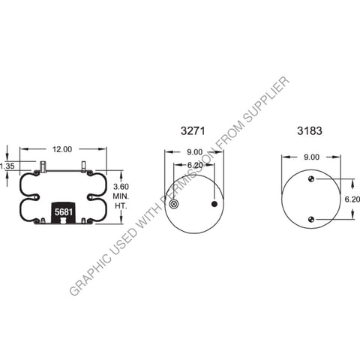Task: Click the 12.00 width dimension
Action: [x=63, y=149]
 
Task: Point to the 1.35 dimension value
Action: [x=7, y=166]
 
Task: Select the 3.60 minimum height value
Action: [x=121, y=186]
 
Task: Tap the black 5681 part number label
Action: [x=63, y=213]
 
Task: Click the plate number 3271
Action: [x=193, y=130]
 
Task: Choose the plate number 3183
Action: [x=310, y=130]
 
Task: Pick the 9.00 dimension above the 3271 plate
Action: [x=193, y=154]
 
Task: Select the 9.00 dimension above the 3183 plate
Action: [x=310, y=157]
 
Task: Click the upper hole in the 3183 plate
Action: [x=310, y=179]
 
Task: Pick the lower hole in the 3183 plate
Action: [x=310, y=218]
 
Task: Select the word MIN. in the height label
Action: [x=121, y=196]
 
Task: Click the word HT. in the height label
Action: [x=120, y=205]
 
